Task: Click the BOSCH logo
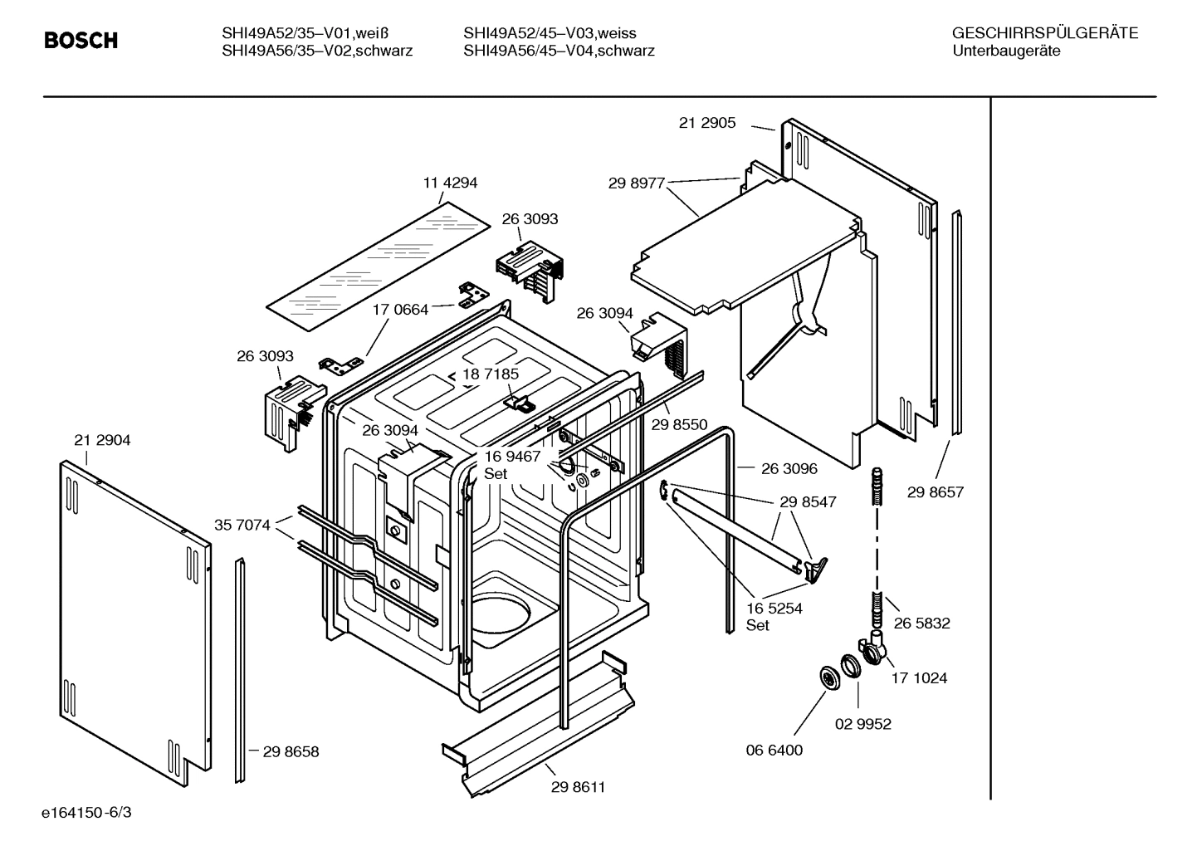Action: (x=81, y=41)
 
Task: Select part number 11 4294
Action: (x=450, y=183)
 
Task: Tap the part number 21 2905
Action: (x=707, y=123)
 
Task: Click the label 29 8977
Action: (x=637, y=183)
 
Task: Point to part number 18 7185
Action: (x=491, y=374)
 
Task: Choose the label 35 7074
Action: (x=242, y=525)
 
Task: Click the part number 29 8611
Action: (x=578, y=787)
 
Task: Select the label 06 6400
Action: (x=774, y=751)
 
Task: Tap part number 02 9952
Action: (x=862, y=724)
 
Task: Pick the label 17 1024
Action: (x=919, y=678)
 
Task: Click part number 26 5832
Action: (x=921, y=623)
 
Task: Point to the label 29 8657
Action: (x=936, y=492)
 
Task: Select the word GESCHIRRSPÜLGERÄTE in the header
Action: (x=1044, y=33)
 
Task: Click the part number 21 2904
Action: (x=102, y=441)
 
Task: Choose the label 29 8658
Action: (x=291, y=752)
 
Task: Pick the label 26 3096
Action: (x=789, y=469)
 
